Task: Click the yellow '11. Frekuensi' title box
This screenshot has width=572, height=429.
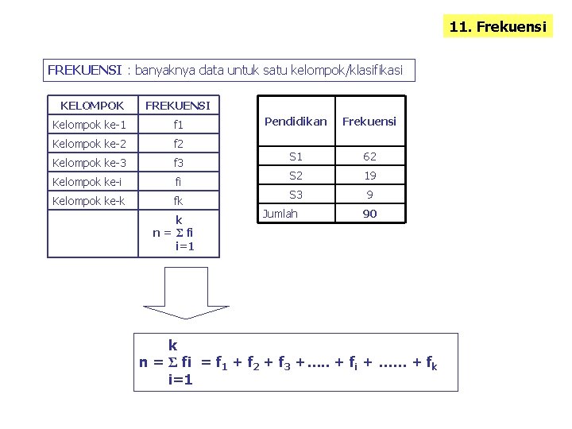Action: [x=497, y=26]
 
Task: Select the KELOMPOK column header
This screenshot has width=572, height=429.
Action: [x=92, y=106]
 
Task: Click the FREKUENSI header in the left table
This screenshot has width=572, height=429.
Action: [x=178, y=106]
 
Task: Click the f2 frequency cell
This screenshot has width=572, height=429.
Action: [x=178, y=144]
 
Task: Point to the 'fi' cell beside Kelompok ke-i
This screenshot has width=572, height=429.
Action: [x=178, y=182]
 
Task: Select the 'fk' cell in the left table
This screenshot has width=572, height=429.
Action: [x=178, y=201]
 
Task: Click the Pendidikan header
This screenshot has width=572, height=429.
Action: [x=296, y=122]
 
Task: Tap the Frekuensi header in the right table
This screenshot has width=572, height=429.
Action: [x=369, y=122]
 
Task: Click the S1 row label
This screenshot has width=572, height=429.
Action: [x=296, y=157]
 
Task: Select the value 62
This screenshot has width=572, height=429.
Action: [x=369, y=157]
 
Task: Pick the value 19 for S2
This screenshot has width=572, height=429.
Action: [x=369, y=176]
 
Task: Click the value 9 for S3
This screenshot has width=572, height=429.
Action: [x=369, y=195]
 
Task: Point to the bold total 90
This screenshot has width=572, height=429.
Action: [x=369, y=214]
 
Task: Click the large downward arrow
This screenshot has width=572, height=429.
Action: [x=184, y=293]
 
